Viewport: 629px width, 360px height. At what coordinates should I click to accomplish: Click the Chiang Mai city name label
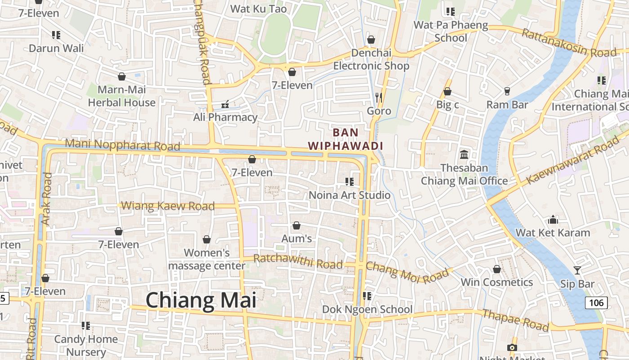pyautogui.click(x=201, y=300)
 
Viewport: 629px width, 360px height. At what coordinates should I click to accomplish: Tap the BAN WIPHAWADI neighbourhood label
pyautogui.click(x=346, y=139)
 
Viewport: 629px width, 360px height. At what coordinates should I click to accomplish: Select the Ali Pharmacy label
pyautogui.click(x=225, y=117)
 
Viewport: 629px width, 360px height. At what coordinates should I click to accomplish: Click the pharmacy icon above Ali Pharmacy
pyautogui.click(x=226, y=104)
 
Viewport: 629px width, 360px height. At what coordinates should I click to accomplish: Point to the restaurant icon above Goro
pyautogui.click(x=379, y=97)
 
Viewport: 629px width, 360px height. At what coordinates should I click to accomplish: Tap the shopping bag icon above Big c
pyautogui.click(x=447, y=92)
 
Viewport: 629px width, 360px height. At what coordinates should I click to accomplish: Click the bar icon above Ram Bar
pyautogui.click(x=507, y=91)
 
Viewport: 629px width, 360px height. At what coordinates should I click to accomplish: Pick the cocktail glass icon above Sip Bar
pyautogui.click(x=577, y=270)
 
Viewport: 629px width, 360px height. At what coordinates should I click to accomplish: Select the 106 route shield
pyautogui.click(x=596, y=302)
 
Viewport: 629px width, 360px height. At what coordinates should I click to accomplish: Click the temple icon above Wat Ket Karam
pyautogui.click(x=553, y=220)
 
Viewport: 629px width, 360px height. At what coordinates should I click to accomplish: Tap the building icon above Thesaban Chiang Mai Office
pyautogui.click(x=464, y=155)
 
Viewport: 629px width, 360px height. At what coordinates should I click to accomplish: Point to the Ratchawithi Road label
pyautogui.click(x=298, y=261)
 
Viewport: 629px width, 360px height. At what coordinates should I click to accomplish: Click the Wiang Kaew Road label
pyautogui.click(x=168, y=206)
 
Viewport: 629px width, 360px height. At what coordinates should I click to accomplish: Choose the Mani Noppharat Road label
pyautogui.click(x=123, y=145)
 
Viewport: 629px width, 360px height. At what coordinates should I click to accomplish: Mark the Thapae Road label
pyautogui.click(x=516, y=319)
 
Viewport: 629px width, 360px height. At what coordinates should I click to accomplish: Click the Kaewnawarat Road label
pyautogui.click(x=573, y=161)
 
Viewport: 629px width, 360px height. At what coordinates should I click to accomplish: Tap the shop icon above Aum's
pyautogui.click(x=297, y=225)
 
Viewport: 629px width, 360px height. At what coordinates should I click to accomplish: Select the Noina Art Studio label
pyautogui.click(x=350, y=195)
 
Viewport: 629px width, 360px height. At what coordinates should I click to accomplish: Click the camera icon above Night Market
pyautogui.click(x=512, y=347)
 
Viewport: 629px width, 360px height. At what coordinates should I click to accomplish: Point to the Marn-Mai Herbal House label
pyautogui.click(x=122, y=96)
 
